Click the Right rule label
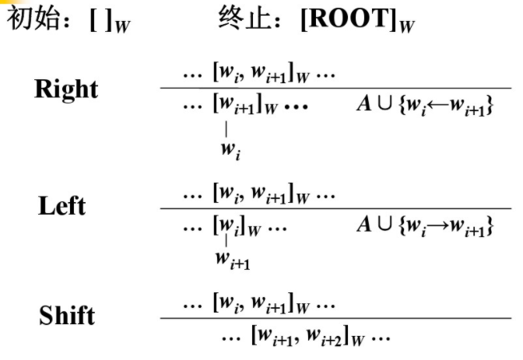[x=66, y=89]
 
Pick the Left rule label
[x=61, y=206]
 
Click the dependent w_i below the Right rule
[x=228, y=149]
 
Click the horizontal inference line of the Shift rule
[x=335, y=318]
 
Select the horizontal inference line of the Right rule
[x=335, y=89]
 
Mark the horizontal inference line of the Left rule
[x=335, y=208]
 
